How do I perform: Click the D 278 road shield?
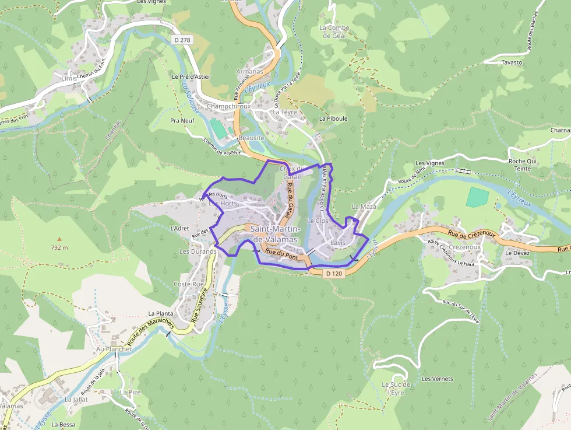click(182, 40)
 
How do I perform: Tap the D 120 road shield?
click(334, 273)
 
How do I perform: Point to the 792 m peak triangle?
click(59, 239)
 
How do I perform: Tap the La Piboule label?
click(333, 118)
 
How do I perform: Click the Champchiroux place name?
click(228, 107)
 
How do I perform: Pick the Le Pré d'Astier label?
click(191, 76)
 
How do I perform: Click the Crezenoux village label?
click(466, 247)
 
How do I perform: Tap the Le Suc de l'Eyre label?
click(397, 389)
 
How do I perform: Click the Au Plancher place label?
click(111, 349)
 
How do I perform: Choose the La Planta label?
click(161, 313)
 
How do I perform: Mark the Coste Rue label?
click(189, 284)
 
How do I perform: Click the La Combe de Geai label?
click(334, 31)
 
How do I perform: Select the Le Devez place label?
click(517, 253)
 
